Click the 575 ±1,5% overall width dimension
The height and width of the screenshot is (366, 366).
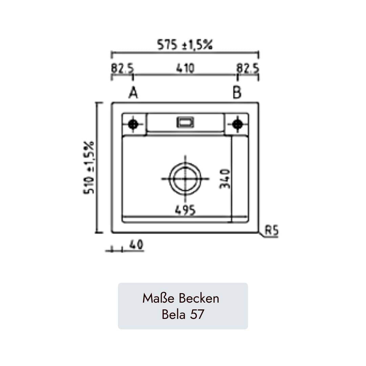click(185, 45)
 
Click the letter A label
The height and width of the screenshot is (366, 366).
click(133, 93)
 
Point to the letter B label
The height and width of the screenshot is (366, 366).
click(237, 93)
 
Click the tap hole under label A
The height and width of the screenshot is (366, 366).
click(133, 124)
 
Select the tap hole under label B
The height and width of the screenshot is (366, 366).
click(237, 124)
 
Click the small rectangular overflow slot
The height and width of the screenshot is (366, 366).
click(185, 122)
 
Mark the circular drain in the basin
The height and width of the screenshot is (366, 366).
click(185, 179)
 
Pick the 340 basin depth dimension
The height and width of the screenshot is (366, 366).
click(225, 179)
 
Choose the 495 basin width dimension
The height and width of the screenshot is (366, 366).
click(185, 210)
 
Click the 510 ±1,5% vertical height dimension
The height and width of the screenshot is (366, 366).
click(89, 167)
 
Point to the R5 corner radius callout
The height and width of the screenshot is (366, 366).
click(271, 231)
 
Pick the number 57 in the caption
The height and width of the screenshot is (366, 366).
click(197, 314)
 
